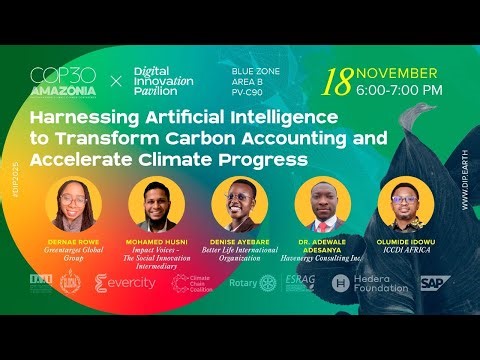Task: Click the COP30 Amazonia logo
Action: point(64,79)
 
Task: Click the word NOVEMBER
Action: point(397,73)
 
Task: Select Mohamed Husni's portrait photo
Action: point(157,204)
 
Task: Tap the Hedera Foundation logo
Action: point(370,284)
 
